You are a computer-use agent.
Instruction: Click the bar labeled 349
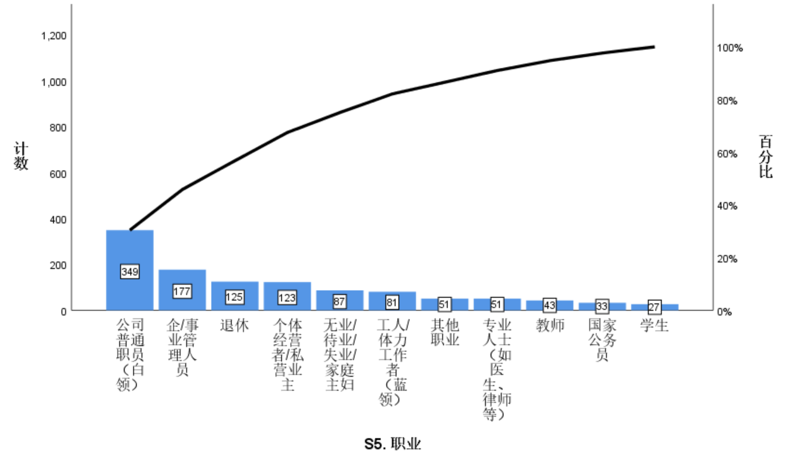tap(130, 248)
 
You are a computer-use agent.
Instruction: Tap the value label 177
tap(182, 291)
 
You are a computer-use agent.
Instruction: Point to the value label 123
tap(287, 298)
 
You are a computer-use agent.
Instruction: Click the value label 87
tap(339, 301)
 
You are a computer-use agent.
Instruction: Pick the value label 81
tap(392, 302)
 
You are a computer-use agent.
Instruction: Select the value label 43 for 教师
tap(550, 306)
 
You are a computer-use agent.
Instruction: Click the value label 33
tap(602, 306)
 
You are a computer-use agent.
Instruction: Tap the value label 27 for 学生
tap(654, 307)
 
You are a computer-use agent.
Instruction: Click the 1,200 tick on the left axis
tap(54, 36)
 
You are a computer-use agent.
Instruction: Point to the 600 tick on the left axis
tap(58, 174)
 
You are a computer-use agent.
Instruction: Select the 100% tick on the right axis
tap(730, 48)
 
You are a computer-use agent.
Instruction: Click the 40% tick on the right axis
tap(728, 206)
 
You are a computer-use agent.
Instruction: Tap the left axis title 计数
tap(22, 156)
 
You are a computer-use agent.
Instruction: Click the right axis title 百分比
tap(766, 157)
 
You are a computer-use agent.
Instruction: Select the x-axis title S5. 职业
tap(392, 444)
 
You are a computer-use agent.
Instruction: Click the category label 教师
tap(550, 325)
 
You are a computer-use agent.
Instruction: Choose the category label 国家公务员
tap(602, 340)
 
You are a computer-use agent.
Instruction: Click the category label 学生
tap(654, 325)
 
